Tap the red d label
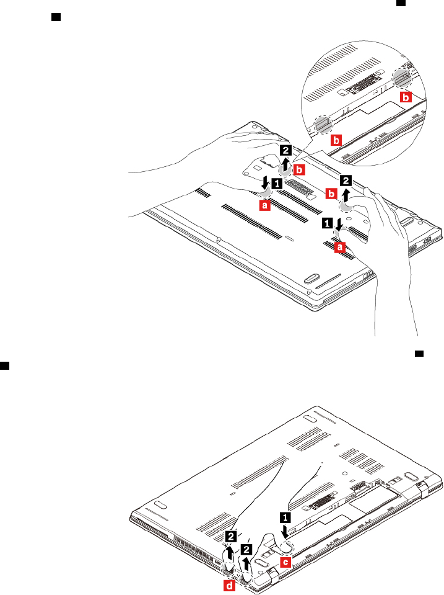pyautogui.click(x=229, y=586)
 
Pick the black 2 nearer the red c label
pyautogui.click(x=247, y=550)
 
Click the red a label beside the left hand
pyautogui.click(x=264, y=203)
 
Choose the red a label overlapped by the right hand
pyautogui.click(x=339, y=246)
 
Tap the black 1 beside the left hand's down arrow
pyautogui.click(x=277, y=184)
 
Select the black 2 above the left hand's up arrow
pyautogui.click(x=285, y=149)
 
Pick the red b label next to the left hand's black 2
pyautogui.click(x=300, y=169)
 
